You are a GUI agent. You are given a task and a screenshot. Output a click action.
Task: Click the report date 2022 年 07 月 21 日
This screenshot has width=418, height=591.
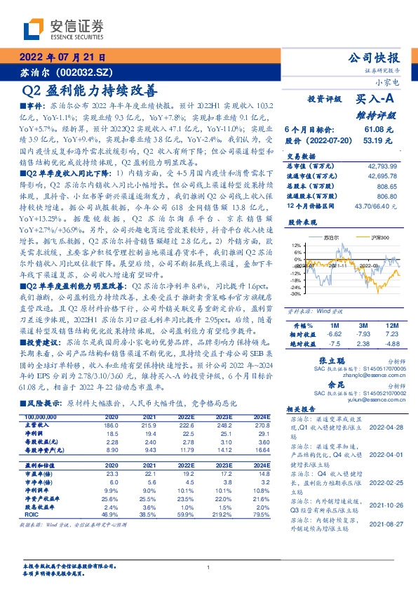point(62,58)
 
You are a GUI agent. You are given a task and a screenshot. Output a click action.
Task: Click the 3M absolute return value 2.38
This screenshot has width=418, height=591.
point(363,324)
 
